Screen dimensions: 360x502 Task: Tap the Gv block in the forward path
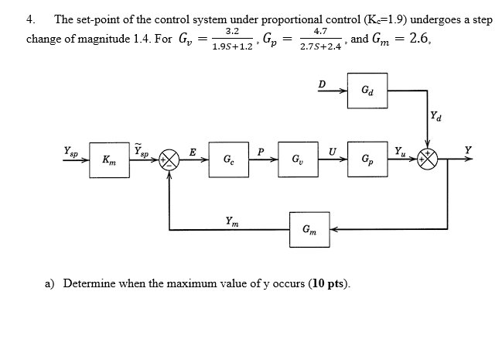tap(298, 160)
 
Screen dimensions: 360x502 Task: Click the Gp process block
tap(366, 160)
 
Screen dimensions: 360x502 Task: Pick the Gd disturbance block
tap(366, 91)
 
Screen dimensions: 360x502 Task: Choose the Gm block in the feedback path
tap(309, 228)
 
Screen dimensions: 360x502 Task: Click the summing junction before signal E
tap(169, 161)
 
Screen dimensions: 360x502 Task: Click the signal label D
tap(323, 83)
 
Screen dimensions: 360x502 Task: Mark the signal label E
tap(193, 153)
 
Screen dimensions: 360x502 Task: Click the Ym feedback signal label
tap(231, 220)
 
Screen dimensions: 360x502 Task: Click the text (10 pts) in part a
tap(329, 283)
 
